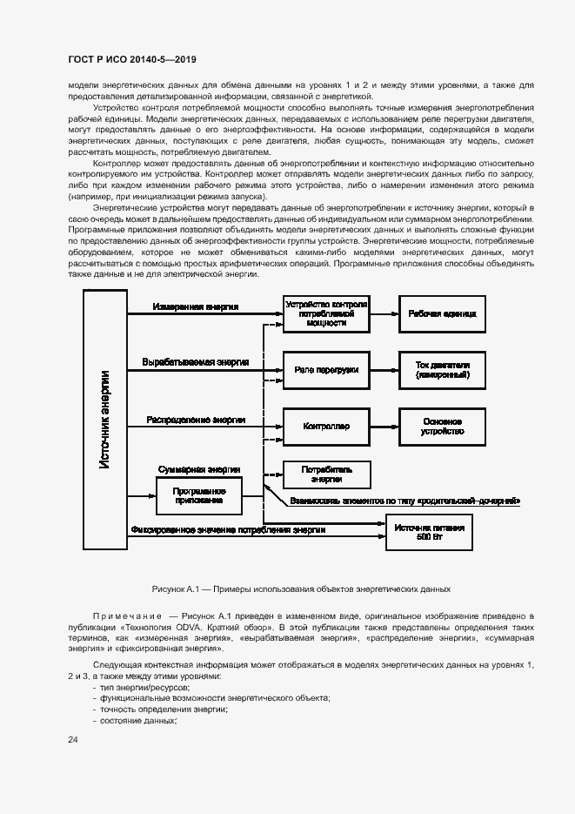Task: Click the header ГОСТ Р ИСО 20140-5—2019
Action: point(131,59)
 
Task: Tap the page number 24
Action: point(73,740)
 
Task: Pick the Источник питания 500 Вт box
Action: point(430,533)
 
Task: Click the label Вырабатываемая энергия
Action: point(196,361)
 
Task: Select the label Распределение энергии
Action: point(196,419)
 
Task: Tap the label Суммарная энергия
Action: point(199,469)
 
